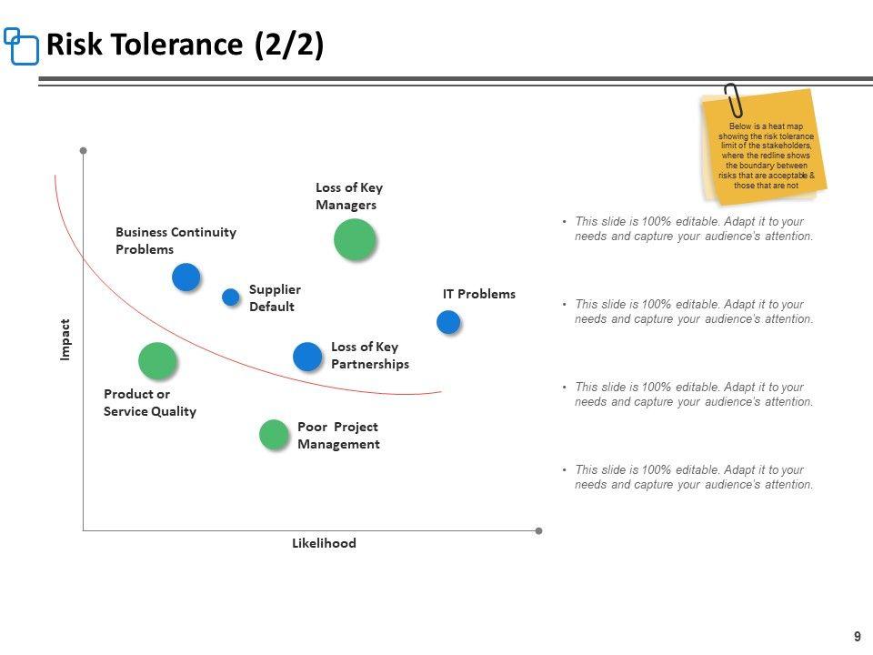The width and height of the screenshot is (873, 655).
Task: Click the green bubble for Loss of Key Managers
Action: pyautogui.click(x=355, y=240)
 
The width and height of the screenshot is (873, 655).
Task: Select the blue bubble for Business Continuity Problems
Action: pyautogui.click(x=186, y=277)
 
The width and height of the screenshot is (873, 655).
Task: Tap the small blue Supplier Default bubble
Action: pyautogui.click(x=231, y=297)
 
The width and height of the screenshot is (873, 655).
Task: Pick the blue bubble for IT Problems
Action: pyautogui.click(x=448, y=322)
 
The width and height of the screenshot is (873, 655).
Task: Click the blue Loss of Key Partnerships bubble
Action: pyautogui.click(x=307, y=357)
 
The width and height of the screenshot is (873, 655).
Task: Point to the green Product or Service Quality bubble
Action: pyautogui.click(x=157, y=361)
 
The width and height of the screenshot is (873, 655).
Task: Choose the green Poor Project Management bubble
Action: pyautogui.click(x=274, y=435)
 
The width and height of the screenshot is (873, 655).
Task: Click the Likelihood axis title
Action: pyautogui.click(x=324, y=543)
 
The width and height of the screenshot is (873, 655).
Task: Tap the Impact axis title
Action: pyautogui.click(x=65, y=339)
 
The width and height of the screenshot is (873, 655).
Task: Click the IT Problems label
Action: pyautogui.click(x=478, y=294)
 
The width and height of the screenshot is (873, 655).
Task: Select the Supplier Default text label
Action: pyautogui.click(x=274, y=297)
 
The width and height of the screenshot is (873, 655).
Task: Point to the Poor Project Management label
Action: pyautogui.click(x=337, y=436)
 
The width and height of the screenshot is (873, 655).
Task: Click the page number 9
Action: pyautogui.click(x=857, y=637)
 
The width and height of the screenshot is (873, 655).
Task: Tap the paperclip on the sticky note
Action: pyautogui.click(x=733, y=102)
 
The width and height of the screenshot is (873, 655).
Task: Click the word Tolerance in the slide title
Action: pyautogui.click(x=185, y=45)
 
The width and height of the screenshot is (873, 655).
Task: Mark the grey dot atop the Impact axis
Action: pyautogui.click(x=83, y=150)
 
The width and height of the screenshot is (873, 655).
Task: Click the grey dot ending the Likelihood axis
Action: pyautogui.click(x=538, y=530)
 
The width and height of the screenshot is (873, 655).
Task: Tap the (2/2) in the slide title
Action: pyautogui.click(x=288, y=45)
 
